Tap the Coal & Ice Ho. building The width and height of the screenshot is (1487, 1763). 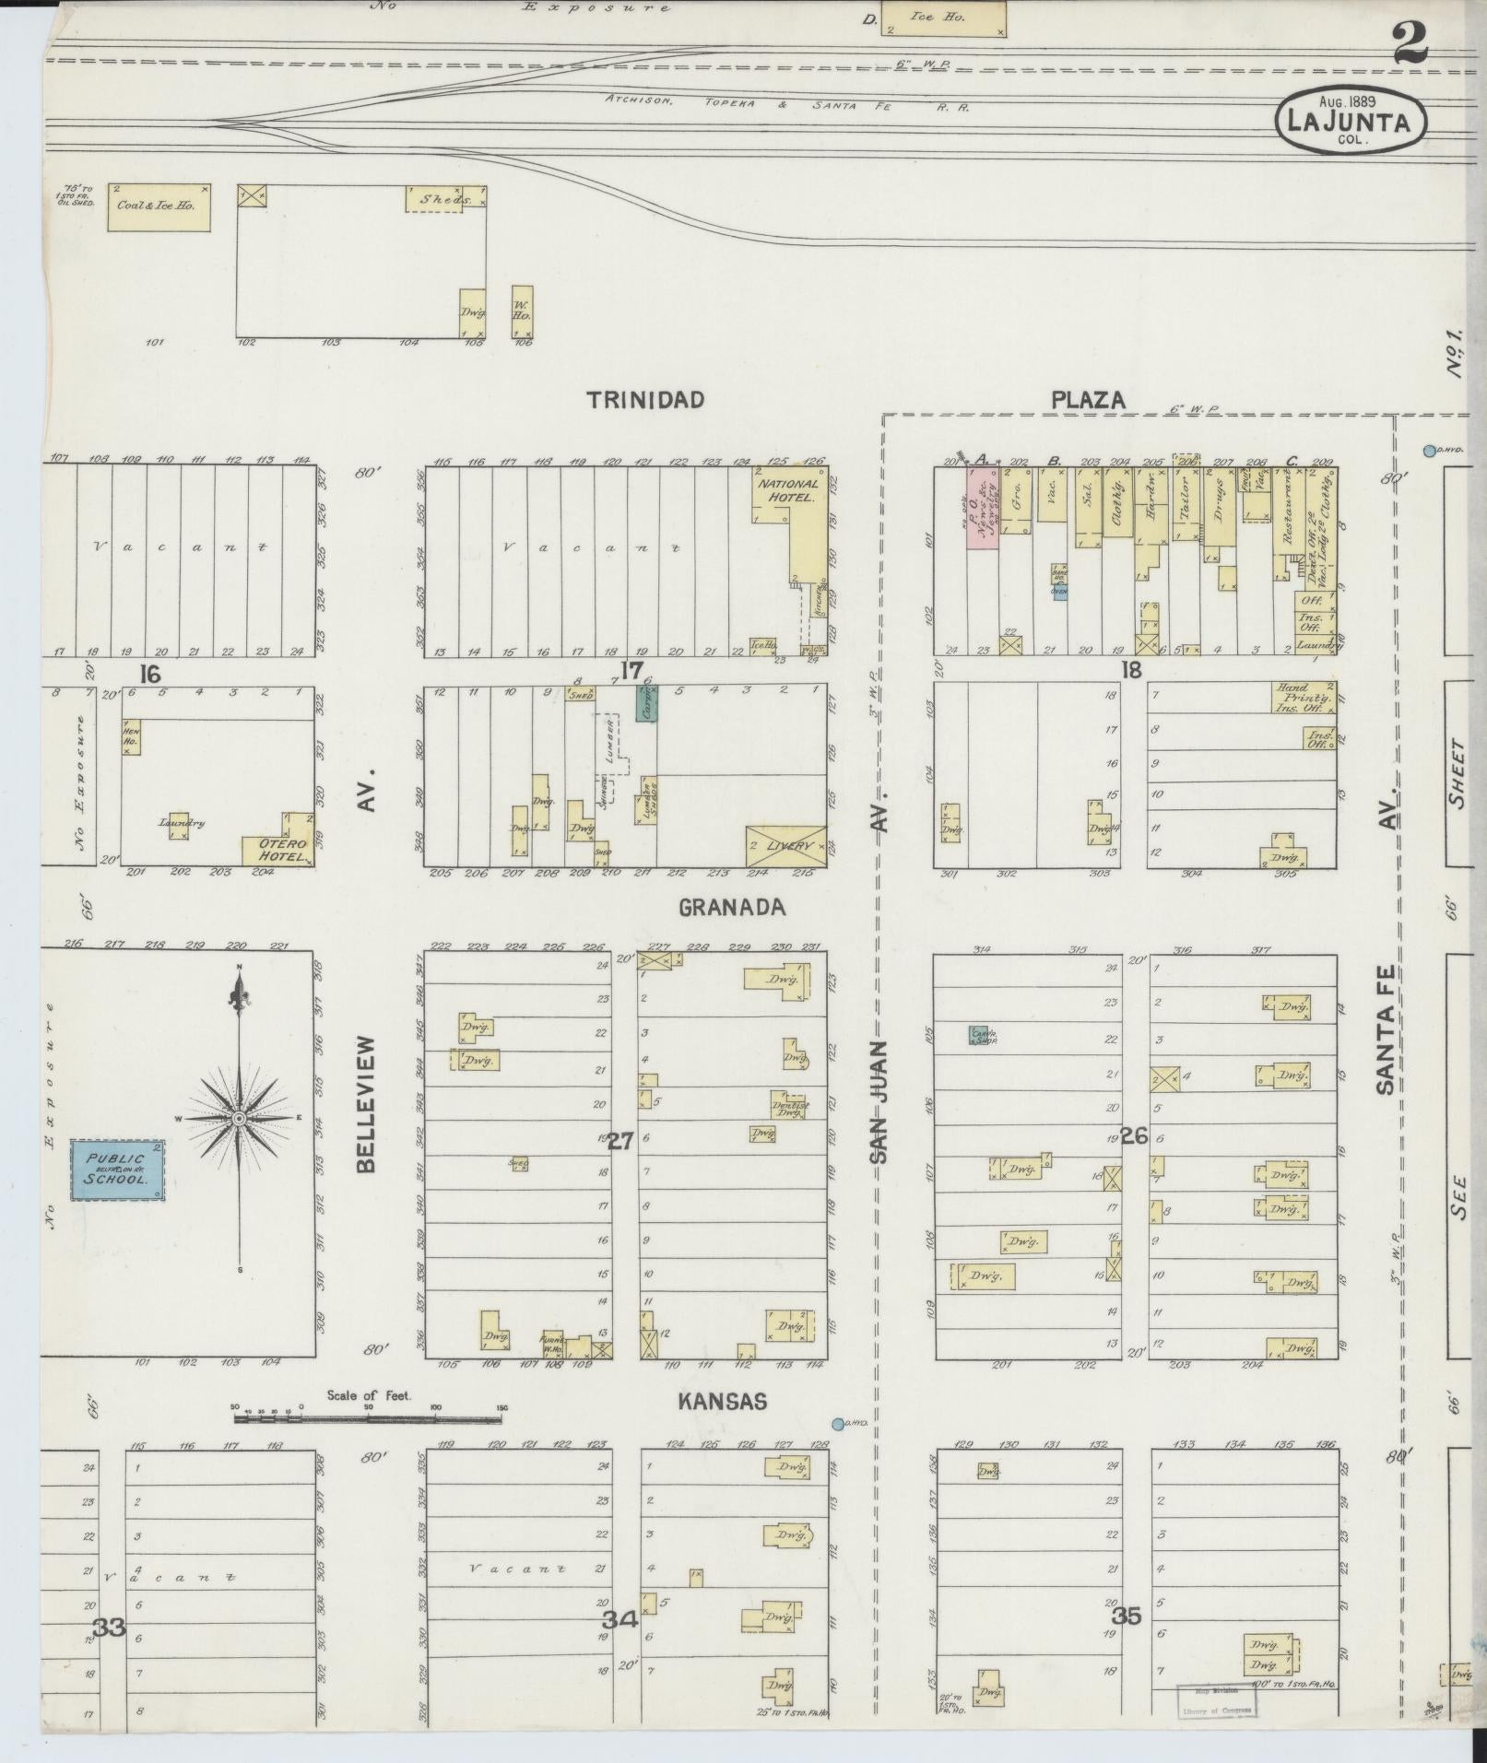coord(158,206)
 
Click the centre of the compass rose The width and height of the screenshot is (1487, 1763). coord(240,1118)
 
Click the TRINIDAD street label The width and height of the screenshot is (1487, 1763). coord(646,400)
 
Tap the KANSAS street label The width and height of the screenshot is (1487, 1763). coord(722,1402)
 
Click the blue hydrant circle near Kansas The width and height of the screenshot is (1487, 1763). coord(837,1424)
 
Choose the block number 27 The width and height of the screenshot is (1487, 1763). coord(620,1141)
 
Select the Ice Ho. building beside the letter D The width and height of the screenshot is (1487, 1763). coord(943,18)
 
